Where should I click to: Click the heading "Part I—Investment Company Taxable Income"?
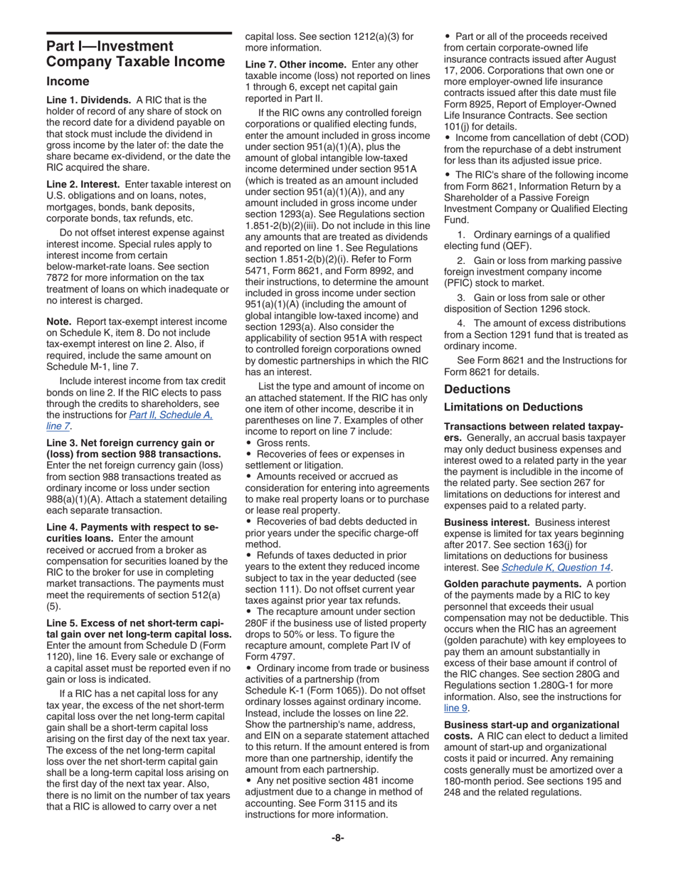(135, 54)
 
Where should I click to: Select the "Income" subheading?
(68, 82)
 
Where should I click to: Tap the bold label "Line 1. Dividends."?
(88, 100)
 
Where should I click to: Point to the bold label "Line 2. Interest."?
(83, 185)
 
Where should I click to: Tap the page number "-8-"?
(337, 838)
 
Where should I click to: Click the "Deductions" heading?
(477, 389)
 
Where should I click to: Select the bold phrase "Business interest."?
(487, 522)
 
